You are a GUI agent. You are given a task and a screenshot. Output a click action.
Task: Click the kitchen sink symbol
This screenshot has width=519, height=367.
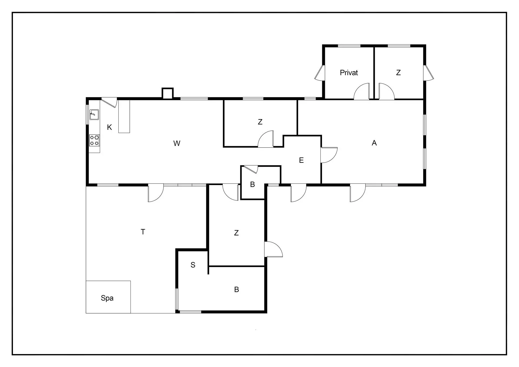pyautogui.click(x=94, y=115)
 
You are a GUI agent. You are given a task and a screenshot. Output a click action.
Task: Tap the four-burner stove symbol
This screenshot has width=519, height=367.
pyautogui.click(x=94, y=140)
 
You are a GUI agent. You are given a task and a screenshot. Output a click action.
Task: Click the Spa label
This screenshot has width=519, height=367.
pyautogui.click(x=107, y=298)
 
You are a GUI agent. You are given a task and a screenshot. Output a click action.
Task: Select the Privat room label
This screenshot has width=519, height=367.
pyautogui.click(x=349, y=73)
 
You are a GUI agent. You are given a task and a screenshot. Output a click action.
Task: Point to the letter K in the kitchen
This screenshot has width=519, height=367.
pyautogui.click(x=109, y=127)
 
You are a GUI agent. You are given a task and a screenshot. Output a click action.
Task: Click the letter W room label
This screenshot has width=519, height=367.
pyautogui.click(x=177, y=144)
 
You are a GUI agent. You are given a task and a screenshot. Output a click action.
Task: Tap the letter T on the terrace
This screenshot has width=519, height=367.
pyautogui.click(x=143, y=232)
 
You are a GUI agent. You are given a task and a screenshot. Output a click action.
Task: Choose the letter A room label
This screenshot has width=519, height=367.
pyautogui.click(x=374, y=143)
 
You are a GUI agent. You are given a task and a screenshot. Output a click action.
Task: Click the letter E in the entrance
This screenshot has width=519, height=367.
pyautogui.click(x=301, y=160)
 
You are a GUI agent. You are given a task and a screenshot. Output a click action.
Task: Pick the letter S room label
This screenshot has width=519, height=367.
pyautogui.click(x=193, y=265)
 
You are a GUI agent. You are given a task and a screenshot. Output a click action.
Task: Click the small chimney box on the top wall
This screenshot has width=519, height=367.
pyautogui.click(x=167, y=93)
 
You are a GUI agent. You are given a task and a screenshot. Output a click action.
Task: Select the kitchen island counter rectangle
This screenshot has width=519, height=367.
pyautogui.click(x=124, y=116)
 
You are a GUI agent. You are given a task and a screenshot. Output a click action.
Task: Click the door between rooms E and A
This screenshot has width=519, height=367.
pyautogui.click(x=328, y=155)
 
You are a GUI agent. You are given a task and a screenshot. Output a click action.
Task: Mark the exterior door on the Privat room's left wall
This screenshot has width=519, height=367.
pyautogui.click(x=320, y=73)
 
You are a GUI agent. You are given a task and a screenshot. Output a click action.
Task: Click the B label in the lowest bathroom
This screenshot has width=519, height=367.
pyautogui.click(x=237, y=289)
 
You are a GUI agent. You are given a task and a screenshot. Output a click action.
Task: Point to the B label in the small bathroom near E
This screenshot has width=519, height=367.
pyautogui.click(x=252, y=184)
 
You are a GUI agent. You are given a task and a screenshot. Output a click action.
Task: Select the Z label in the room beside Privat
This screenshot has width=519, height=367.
pyautogui.click(x=398, y=73)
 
